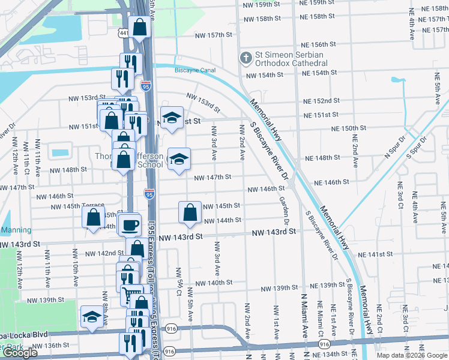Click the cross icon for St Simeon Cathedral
[x=245, y=58]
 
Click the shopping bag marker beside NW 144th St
[x=190, y=212]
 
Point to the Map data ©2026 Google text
[x=412, y=355]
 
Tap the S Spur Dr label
[x=415, y=148]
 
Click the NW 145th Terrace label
[x=78, y=206]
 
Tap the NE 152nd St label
[x=321, y=101]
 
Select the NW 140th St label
[x=213, y=283]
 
